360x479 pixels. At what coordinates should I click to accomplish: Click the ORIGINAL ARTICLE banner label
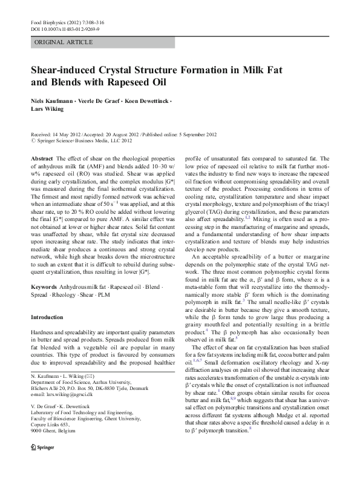coord(64,42)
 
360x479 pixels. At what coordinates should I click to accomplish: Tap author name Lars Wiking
coord(47,110)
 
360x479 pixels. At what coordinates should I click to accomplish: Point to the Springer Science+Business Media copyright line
coord(83,140)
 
